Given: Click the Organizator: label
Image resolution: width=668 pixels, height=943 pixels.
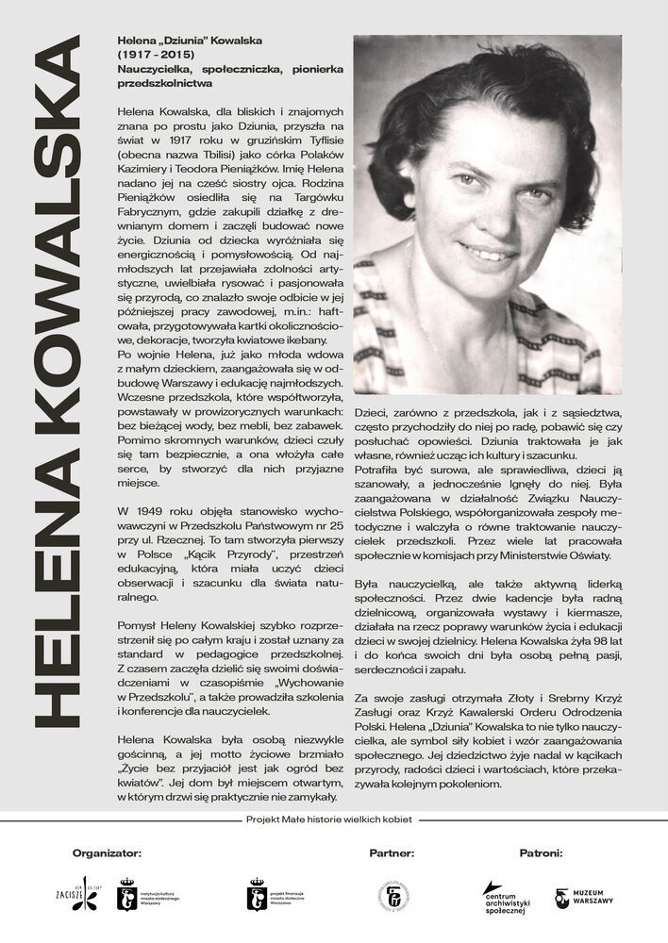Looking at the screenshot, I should click(107, 852).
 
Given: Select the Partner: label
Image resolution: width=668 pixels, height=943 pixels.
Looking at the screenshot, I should click(392, 852).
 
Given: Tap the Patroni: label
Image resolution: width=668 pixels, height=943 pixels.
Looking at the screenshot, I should click(541, 852).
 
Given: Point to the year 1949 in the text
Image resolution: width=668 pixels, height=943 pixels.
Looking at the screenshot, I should click(157, 510).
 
